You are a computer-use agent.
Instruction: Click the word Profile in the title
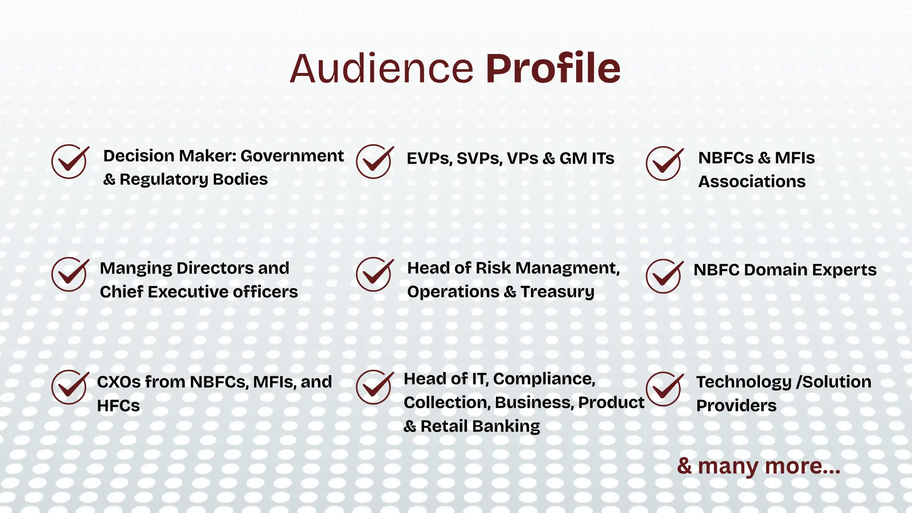(x=553, y=68)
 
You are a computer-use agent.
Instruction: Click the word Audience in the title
(x=382, y=69)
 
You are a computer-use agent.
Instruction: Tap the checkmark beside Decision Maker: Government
(x=70, y=161)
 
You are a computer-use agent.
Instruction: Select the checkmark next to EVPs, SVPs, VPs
(x=375, y=161)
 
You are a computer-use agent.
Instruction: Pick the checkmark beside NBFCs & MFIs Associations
(x=665, y=163)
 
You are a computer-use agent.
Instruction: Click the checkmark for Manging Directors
(x=70, y=274)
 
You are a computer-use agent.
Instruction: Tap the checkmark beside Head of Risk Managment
(x=375, y=274)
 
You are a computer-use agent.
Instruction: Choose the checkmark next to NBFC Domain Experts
(x=665, y=276)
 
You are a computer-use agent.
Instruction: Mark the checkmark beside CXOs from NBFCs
(x=70, y=387)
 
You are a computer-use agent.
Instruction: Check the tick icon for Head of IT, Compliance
(x=375, y=387)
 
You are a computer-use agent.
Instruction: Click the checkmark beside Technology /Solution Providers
(x=665, y=389)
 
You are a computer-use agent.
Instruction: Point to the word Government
(x=292, y=156)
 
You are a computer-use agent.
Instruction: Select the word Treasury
(x=557, y=292)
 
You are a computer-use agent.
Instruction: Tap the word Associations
(x=752, y=181)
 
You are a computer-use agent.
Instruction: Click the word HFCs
(x=118, y=406)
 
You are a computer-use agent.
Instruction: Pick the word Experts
(x=844, y=270)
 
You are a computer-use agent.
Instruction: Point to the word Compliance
(x=544, y=379)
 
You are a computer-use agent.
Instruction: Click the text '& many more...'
(x=759, y=466)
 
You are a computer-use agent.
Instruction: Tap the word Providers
(x=736, y=406)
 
